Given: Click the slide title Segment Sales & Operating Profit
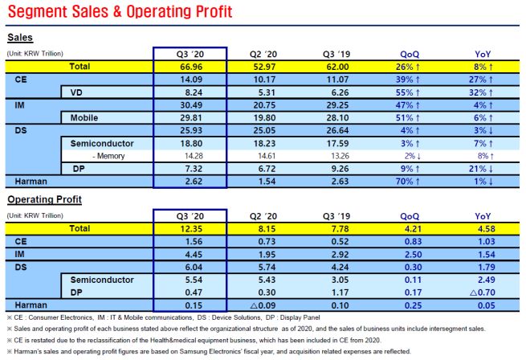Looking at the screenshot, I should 120,13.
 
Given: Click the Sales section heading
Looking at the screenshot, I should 20,38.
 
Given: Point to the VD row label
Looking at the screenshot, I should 79,92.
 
